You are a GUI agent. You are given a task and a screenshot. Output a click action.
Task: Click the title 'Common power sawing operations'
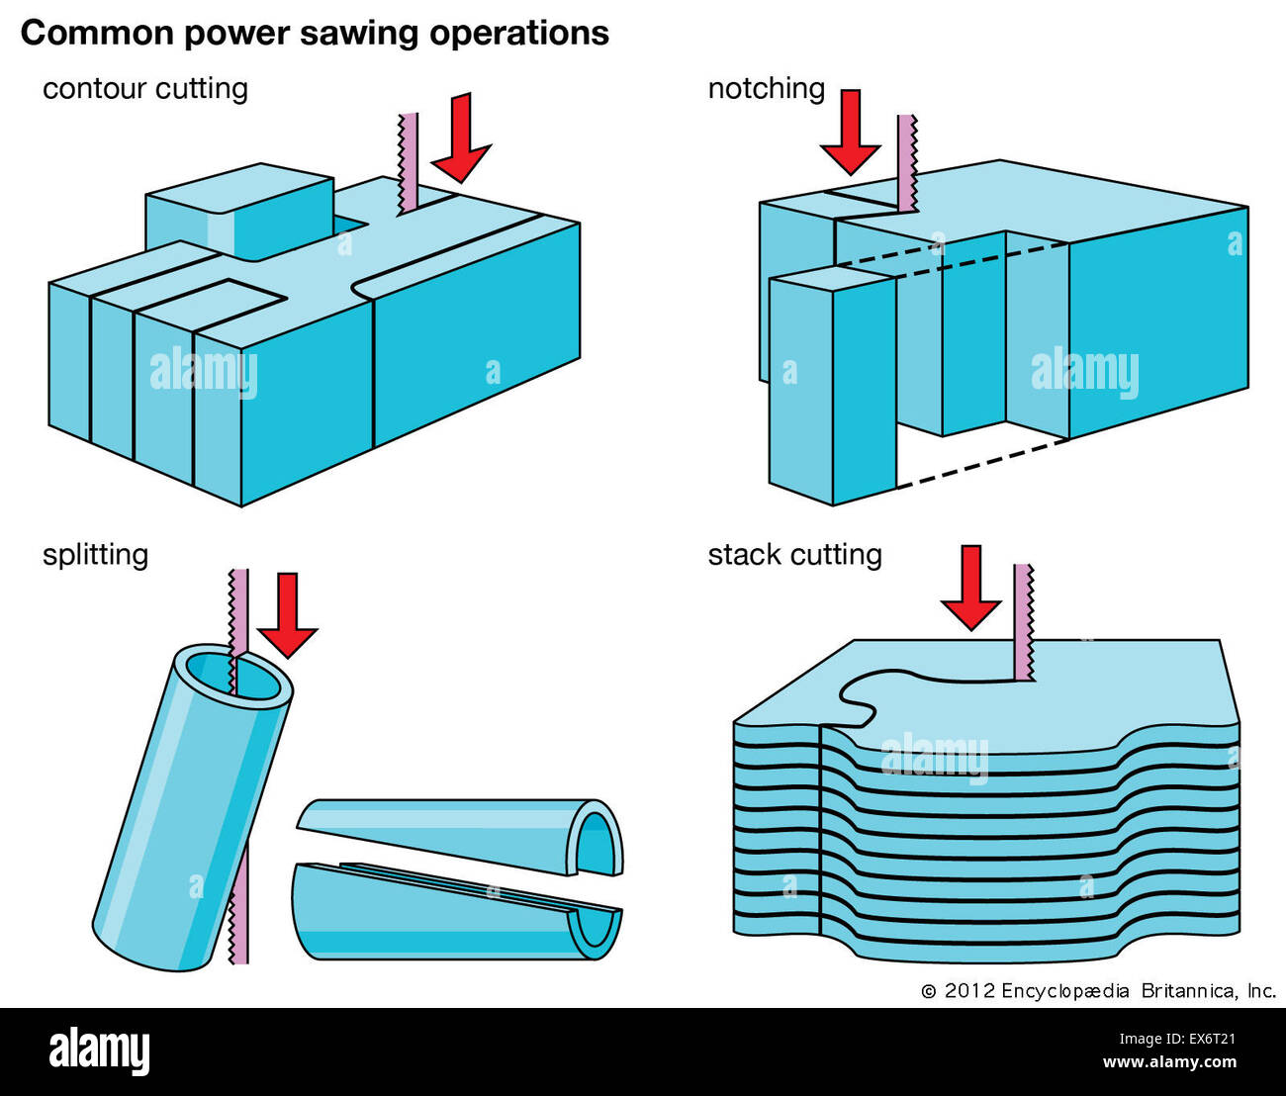pyautogui.click(x=315, y=33)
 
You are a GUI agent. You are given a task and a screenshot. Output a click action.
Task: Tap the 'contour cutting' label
pyautogui.click(x=144, y=88)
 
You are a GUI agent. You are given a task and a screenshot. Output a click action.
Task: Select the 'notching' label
pyautogui.click(x=766, y=88)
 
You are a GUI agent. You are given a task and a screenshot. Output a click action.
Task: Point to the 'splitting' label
pyautogui.click(x=95, y=554)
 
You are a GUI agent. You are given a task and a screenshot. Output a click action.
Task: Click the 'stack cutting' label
pyautogui.click(x=794, y=554)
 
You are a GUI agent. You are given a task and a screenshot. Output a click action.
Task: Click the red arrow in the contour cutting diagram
pyautogui.click(x=461, y=138)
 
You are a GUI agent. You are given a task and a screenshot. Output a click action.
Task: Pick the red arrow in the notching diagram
pyautogui.click(x=850, y=132)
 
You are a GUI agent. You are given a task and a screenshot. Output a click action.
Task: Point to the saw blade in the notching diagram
pyautogui.click(x=907, y=162)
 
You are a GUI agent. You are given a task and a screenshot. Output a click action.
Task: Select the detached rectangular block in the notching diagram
pyautogui.click(x=832, y=386)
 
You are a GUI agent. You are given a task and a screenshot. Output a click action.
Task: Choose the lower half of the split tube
pyautogui.click(x=455, y=915)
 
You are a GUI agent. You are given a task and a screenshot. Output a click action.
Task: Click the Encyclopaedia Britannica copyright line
pyautogui.click(x=1098, y=990)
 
